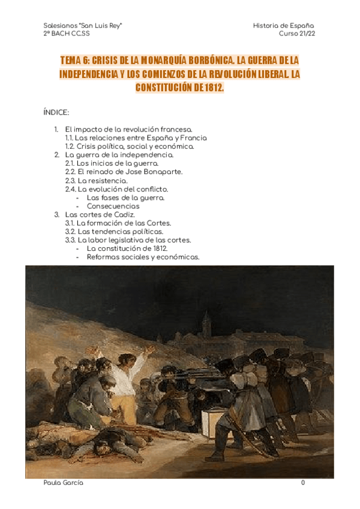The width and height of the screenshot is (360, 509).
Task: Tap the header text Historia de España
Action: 284,26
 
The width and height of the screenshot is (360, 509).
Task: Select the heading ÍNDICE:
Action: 56,112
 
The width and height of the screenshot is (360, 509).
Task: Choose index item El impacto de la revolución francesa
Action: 129,129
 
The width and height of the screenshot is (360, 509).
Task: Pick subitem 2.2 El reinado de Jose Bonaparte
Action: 124,172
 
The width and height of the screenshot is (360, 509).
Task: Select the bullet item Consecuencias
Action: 113,206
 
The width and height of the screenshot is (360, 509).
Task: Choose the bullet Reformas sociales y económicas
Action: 143,257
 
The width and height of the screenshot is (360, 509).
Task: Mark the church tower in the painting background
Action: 206,324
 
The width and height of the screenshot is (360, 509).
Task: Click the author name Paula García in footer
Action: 64,483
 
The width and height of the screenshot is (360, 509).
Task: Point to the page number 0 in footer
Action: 303,483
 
